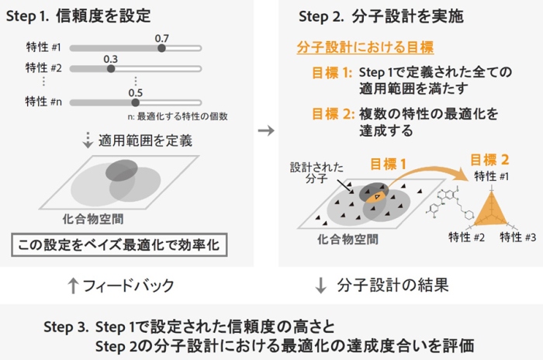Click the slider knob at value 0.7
[x=161, y=48]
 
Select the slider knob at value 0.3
[x=111, y=68]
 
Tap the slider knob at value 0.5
[x=136, y=101]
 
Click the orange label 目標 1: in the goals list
[x=332, y=72]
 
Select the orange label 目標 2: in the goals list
[x=332, y=114]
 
